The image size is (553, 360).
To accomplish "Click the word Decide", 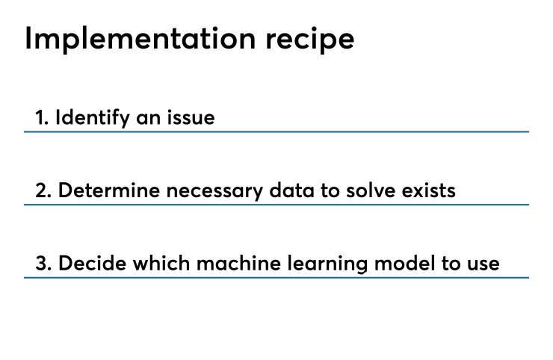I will coord(88,264).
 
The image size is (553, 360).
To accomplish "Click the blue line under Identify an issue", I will coord(276,131).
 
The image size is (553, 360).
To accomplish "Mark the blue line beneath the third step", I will coord(276,278).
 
